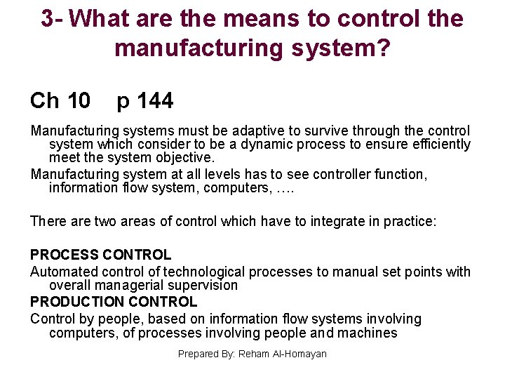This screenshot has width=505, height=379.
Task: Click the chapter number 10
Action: click(79, 101)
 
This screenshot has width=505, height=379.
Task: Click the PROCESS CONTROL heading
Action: click(100, 255)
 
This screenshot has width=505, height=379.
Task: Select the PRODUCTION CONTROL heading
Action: click(114, 302)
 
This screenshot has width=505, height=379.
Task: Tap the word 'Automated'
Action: click(64, 272)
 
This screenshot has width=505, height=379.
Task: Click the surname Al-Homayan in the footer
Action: click(298, 354)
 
